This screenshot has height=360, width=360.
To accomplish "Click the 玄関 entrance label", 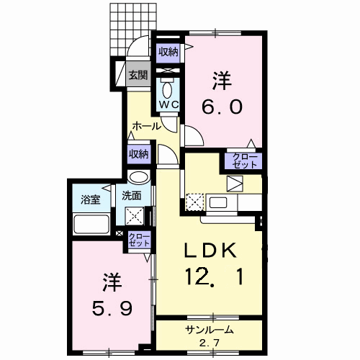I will [x=138, y=74].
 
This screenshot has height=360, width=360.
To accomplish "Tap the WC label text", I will [x=168, y=104].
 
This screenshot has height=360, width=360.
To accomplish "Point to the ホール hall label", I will [x=146, y=127].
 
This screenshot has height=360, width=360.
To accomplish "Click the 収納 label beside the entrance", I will [x=168, y=52].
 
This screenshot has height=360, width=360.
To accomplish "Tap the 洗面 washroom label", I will [x=131, y=195].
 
